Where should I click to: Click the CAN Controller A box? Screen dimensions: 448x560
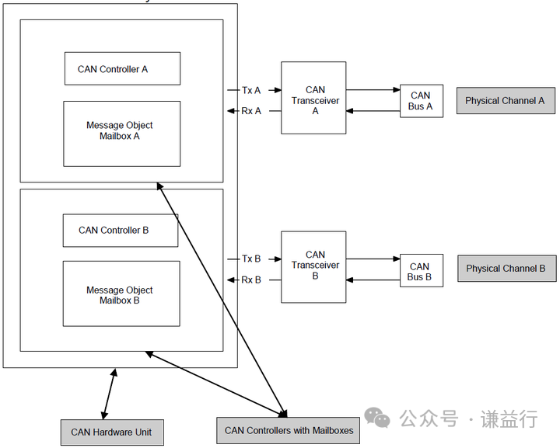coord(122,69)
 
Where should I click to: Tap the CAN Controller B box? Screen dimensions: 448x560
coord(121,230)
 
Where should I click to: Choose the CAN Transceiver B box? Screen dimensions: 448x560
coord(314,266)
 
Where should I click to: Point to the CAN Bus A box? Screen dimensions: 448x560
coord(421,101)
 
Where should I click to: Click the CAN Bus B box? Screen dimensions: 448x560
coord(420,271)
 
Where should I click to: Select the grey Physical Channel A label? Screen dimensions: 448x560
coord(505,101)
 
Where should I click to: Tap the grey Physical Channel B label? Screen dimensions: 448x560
coord(506,268)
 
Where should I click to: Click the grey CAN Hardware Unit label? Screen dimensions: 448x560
coord(112,432)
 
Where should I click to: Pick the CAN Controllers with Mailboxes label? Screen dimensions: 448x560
coord(289,430)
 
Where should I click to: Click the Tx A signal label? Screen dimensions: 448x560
coord(251,91)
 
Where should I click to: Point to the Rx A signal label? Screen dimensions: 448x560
coord(251,111)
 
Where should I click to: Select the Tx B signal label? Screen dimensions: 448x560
coord(251,259)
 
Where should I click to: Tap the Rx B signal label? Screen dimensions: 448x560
coord(251,280)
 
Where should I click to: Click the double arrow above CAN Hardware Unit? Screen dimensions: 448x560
coord(108,394)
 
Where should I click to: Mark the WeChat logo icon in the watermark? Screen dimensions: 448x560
coord(378,418)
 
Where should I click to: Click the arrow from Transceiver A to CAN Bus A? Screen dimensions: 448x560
coord(373,90)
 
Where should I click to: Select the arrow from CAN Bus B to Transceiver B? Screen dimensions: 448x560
coord(373,280)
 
